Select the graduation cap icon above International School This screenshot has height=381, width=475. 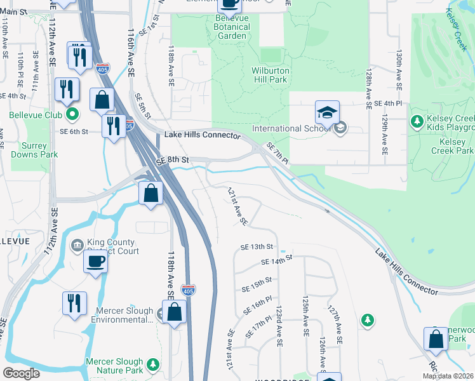pyautogui.click(x=327, y=113)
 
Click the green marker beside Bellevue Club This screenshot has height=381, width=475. pyautogui.click(x=72, y=115)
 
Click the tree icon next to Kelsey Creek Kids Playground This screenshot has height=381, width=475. pyautogui.click(x=417, y=121)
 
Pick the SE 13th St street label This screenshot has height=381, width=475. pyautogui.click(x=257, y=246)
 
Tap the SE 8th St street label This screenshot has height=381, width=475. pyautogui.click(x=173, y=161)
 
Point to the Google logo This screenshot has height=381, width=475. pyautogui.click(x=22, y=373)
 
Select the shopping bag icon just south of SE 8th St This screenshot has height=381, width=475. pyautogui.click(x=151, y=194)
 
